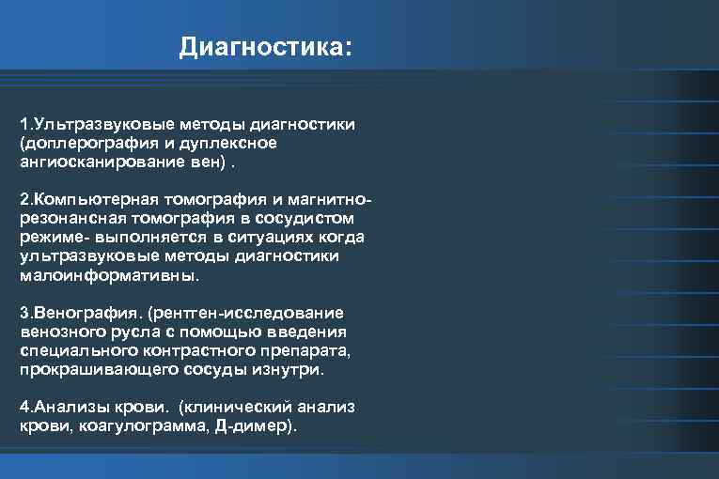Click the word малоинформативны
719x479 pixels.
coord(109,276)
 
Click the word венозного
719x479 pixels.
coord(58,332)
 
